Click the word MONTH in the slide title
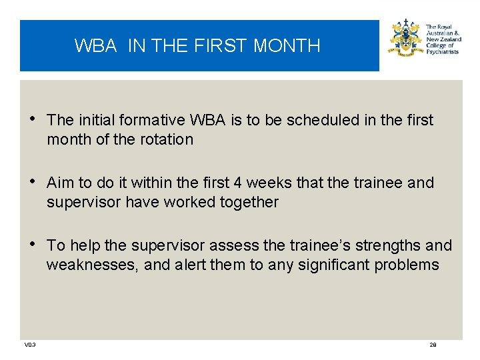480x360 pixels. [x=287, y=45]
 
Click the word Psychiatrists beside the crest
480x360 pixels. [x=442, y=51]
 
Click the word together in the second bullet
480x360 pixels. [x=246, y=202]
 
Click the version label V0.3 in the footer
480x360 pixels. [x=30, y=345]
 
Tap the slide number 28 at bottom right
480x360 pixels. [x=433, y=345]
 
